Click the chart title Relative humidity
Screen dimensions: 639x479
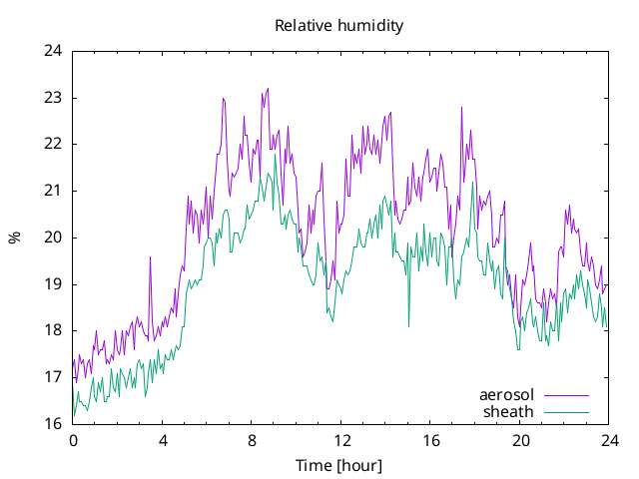339,26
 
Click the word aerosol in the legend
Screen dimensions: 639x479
506,395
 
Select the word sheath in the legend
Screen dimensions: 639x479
508,412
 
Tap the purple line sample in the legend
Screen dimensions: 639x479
566,395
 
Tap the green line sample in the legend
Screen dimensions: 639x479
566,412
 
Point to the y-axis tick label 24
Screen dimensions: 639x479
53,51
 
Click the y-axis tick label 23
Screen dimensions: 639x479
53,98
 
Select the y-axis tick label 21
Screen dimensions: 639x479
53,191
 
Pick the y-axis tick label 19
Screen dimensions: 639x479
53,283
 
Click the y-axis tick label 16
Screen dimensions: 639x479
53,423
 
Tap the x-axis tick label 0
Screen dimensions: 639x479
73,441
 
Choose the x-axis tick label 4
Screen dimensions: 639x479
163,441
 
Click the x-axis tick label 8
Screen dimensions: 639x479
252,441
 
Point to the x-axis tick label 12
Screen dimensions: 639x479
341,441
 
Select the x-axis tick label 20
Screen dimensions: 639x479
520,441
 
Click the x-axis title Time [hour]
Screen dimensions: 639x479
339,466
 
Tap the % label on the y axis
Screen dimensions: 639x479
15,238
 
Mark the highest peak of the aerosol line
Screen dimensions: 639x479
268,89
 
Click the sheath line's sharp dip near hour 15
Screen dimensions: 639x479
408,326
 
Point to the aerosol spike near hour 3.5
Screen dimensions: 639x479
150,257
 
